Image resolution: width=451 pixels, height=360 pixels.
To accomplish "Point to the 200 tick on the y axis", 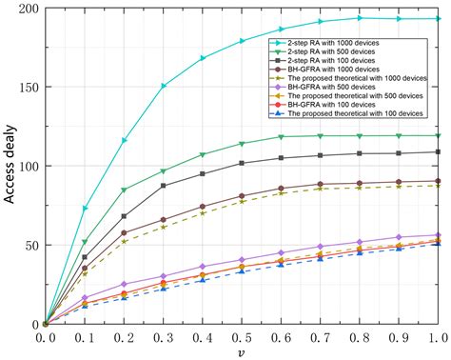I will point(26,9).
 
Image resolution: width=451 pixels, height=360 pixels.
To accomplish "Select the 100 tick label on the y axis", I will point(26,167).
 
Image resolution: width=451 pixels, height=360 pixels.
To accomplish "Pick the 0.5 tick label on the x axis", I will point(243,336).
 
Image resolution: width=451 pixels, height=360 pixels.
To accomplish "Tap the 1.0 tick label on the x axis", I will point(439,336).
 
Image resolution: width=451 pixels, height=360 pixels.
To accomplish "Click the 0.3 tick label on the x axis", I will point(164,336).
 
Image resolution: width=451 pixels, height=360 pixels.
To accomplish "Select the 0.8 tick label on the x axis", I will point(361,336).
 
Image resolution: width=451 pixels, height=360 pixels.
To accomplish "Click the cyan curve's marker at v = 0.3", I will point(164,86).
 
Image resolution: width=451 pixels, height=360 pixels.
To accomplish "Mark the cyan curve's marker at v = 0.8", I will point(361,18).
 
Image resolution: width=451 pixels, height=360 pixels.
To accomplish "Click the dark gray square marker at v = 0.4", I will point(204,174).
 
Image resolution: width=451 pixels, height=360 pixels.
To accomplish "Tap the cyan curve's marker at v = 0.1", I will point(86,208).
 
